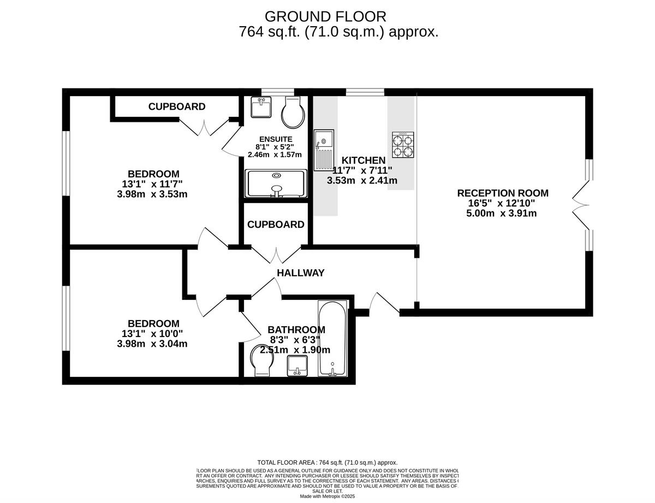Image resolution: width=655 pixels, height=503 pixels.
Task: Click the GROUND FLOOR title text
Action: pos(325,16)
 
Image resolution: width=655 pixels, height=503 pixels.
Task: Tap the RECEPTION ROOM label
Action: pos(502,193)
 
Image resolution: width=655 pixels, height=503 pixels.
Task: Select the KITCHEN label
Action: pos(364,160)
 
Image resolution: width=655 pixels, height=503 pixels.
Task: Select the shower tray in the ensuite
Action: pos(276,183)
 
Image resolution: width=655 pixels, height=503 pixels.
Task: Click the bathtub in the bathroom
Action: pos(331,339)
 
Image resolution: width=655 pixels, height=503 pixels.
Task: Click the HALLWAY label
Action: pos(301,273)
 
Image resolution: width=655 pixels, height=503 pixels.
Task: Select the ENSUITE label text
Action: pos(275,139)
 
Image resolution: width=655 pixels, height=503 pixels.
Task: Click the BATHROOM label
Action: pos(296,330)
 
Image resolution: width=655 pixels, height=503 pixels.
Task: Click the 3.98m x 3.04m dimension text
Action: pos(152,344)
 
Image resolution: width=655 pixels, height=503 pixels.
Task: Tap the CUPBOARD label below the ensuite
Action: pos(276,224)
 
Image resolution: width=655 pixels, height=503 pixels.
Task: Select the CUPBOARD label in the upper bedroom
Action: pos(177,106)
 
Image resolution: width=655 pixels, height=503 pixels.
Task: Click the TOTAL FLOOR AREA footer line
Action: pos(327,462)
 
